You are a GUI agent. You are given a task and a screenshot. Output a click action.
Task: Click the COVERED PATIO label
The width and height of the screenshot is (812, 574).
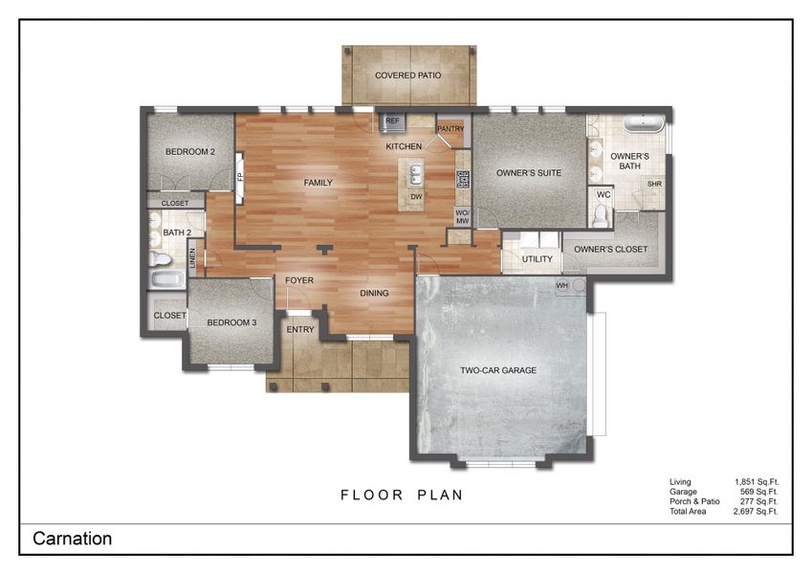click(407, 75)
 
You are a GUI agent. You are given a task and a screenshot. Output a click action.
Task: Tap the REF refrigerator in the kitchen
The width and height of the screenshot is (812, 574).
click(393, 121)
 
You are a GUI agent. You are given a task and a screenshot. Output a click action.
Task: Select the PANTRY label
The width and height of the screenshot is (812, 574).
click(450, 128)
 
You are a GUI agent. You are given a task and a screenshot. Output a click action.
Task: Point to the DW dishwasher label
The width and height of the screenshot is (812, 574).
click(416, 197)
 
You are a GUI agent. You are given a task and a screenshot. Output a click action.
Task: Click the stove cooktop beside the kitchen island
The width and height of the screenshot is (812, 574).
click(463, 179)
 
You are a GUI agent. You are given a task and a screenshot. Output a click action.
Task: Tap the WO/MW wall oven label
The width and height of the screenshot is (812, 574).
click(462, 216)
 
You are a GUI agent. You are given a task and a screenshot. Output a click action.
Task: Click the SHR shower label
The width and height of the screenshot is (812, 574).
click(654, 185)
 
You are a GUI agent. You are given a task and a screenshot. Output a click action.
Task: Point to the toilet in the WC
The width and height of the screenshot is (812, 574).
click(601, 217)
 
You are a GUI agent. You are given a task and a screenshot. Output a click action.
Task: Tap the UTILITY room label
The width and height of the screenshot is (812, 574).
click(537, 259)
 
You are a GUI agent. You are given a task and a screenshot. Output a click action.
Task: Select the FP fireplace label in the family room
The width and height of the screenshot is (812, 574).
click(240, 176)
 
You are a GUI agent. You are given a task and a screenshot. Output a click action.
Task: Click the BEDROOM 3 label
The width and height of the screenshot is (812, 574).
click(233, 322)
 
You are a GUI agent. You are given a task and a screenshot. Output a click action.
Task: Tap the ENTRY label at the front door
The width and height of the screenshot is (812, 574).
click(300, 329)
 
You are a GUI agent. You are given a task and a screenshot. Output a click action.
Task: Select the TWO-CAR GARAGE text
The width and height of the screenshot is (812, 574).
click(497, 370)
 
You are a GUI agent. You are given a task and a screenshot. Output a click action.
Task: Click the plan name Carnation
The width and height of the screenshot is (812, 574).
click(73, 539)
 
